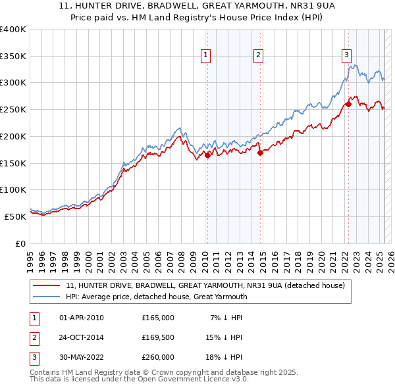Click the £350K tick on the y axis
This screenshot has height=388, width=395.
coord(13,56)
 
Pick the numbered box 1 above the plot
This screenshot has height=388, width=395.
coord(207,55)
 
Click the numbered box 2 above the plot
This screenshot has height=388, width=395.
coord(259,55)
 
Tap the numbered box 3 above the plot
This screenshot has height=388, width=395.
coord(347,55)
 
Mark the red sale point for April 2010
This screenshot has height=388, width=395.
coord(207,155)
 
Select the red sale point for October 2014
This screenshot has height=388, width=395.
coord(261,153)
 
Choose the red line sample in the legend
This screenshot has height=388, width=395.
coord(47,286)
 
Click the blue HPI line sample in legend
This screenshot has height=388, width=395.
coord(47,297)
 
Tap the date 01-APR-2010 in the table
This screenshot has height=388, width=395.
coord(82,318)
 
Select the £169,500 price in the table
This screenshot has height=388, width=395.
coord(158,337)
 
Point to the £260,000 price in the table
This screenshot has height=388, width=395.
coord(158,357)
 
